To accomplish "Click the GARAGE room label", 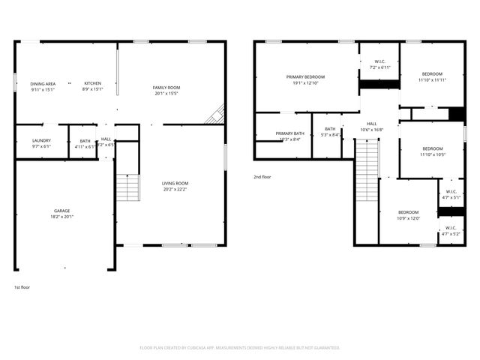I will tap(62, 211).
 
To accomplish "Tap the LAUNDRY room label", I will tap(42, 140).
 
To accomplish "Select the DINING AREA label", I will tap(43, 83).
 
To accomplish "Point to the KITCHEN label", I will tap(92, 83).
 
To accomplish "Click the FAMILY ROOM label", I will tap(166, 88).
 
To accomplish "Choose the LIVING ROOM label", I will tap(175, 183).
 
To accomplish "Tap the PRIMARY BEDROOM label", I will tap(305, 76).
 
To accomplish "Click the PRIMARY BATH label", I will tap(289, 133).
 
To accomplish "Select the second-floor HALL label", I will tap(372, 124).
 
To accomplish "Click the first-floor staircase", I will tap(127, 187).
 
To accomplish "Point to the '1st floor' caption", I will tap(22, 287).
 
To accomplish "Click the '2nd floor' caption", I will tap(262, 177).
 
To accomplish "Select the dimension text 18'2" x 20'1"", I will tap(62, 216).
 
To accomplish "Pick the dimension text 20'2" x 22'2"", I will tap(175, 188).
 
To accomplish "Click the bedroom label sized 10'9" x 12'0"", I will tap(409, 212).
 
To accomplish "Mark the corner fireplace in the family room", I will tap(217, 114).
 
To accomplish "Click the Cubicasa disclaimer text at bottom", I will tap(240, 347).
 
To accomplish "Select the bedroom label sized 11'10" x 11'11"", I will tap(432, 73).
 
